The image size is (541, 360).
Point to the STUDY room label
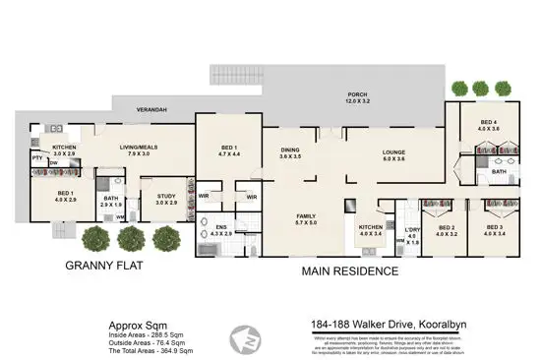pyautogui.click(x=165, y=196)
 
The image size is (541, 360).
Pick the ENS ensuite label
pyautogui.click(x=221, y=227)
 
